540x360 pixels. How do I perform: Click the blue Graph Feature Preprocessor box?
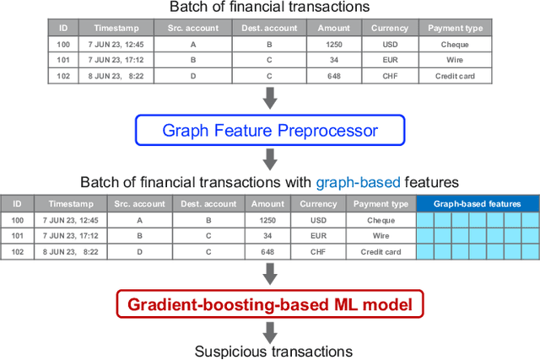(x=269, y=131)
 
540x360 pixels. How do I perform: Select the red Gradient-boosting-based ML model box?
(x=269, y=304)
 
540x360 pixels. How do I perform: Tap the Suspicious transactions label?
(x=269, y=350)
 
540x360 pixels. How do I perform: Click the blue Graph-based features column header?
(x=478, y=204)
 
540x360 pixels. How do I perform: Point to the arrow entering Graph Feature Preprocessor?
(x=269, y=99)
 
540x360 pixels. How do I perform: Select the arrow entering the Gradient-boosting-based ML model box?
(x=269, y=272)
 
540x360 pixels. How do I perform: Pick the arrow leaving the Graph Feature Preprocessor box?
(x=269, y=159)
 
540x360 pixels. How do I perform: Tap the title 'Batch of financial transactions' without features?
(x=269, y=8)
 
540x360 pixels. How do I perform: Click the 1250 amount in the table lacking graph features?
(x=334, y=43)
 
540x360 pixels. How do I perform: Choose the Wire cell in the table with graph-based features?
(x=381, y=235)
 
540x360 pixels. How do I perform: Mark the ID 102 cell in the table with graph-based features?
(x=17, y=251)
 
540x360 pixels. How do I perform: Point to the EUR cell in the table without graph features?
(x=389, y=59)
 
